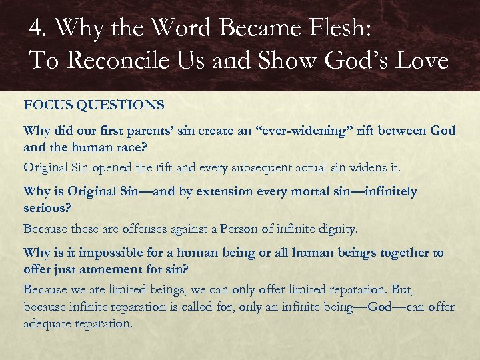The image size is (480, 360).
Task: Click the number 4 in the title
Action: (36, 29)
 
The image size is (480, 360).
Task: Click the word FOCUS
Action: (46, 105)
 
